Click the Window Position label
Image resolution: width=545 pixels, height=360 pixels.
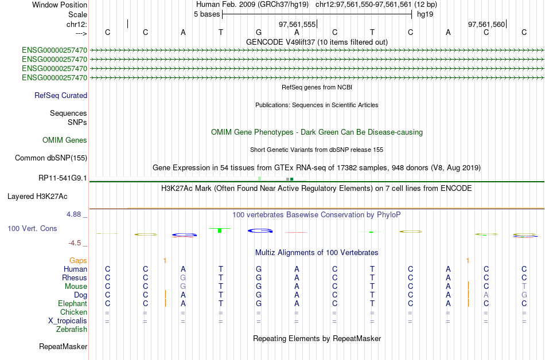[x=60, y=5]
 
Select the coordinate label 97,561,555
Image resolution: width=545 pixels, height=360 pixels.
[x=297, y=24]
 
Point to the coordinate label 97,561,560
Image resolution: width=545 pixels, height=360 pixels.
[x=486, y=24]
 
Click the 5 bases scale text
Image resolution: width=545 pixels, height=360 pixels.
[x=207, y=14]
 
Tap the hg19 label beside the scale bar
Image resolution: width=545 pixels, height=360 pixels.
[x=425, y=14]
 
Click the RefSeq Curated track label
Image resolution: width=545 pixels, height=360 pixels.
[x=61, y=96]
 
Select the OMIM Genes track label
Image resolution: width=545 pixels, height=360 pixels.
[x=65, y=140]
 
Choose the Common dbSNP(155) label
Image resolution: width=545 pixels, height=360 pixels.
[x=51, y=158]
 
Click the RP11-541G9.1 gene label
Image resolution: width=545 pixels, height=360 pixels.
[x=63, y=178]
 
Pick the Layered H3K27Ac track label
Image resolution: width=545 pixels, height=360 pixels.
[x=37, y=197]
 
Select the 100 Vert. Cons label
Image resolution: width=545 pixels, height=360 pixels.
[x=32, y=228]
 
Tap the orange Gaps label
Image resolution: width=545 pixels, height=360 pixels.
[x=78, y=261]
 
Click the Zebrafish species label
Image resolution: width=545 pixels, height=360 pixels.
[x=72, y=330]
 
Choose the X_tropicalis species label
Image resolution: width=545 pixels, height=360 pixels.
[x=68, y=321]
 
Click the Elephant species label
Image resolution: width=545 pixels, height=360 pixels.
[x=73, y=304]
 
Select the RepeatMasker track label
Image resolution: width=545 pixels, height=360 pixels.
[x=63, y=346]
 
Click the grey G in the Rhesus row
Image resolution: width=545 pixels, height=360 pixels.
[x=183, y=277]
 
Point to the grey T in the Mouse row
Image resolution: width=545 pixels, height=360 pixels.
[x=524, y=287]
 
